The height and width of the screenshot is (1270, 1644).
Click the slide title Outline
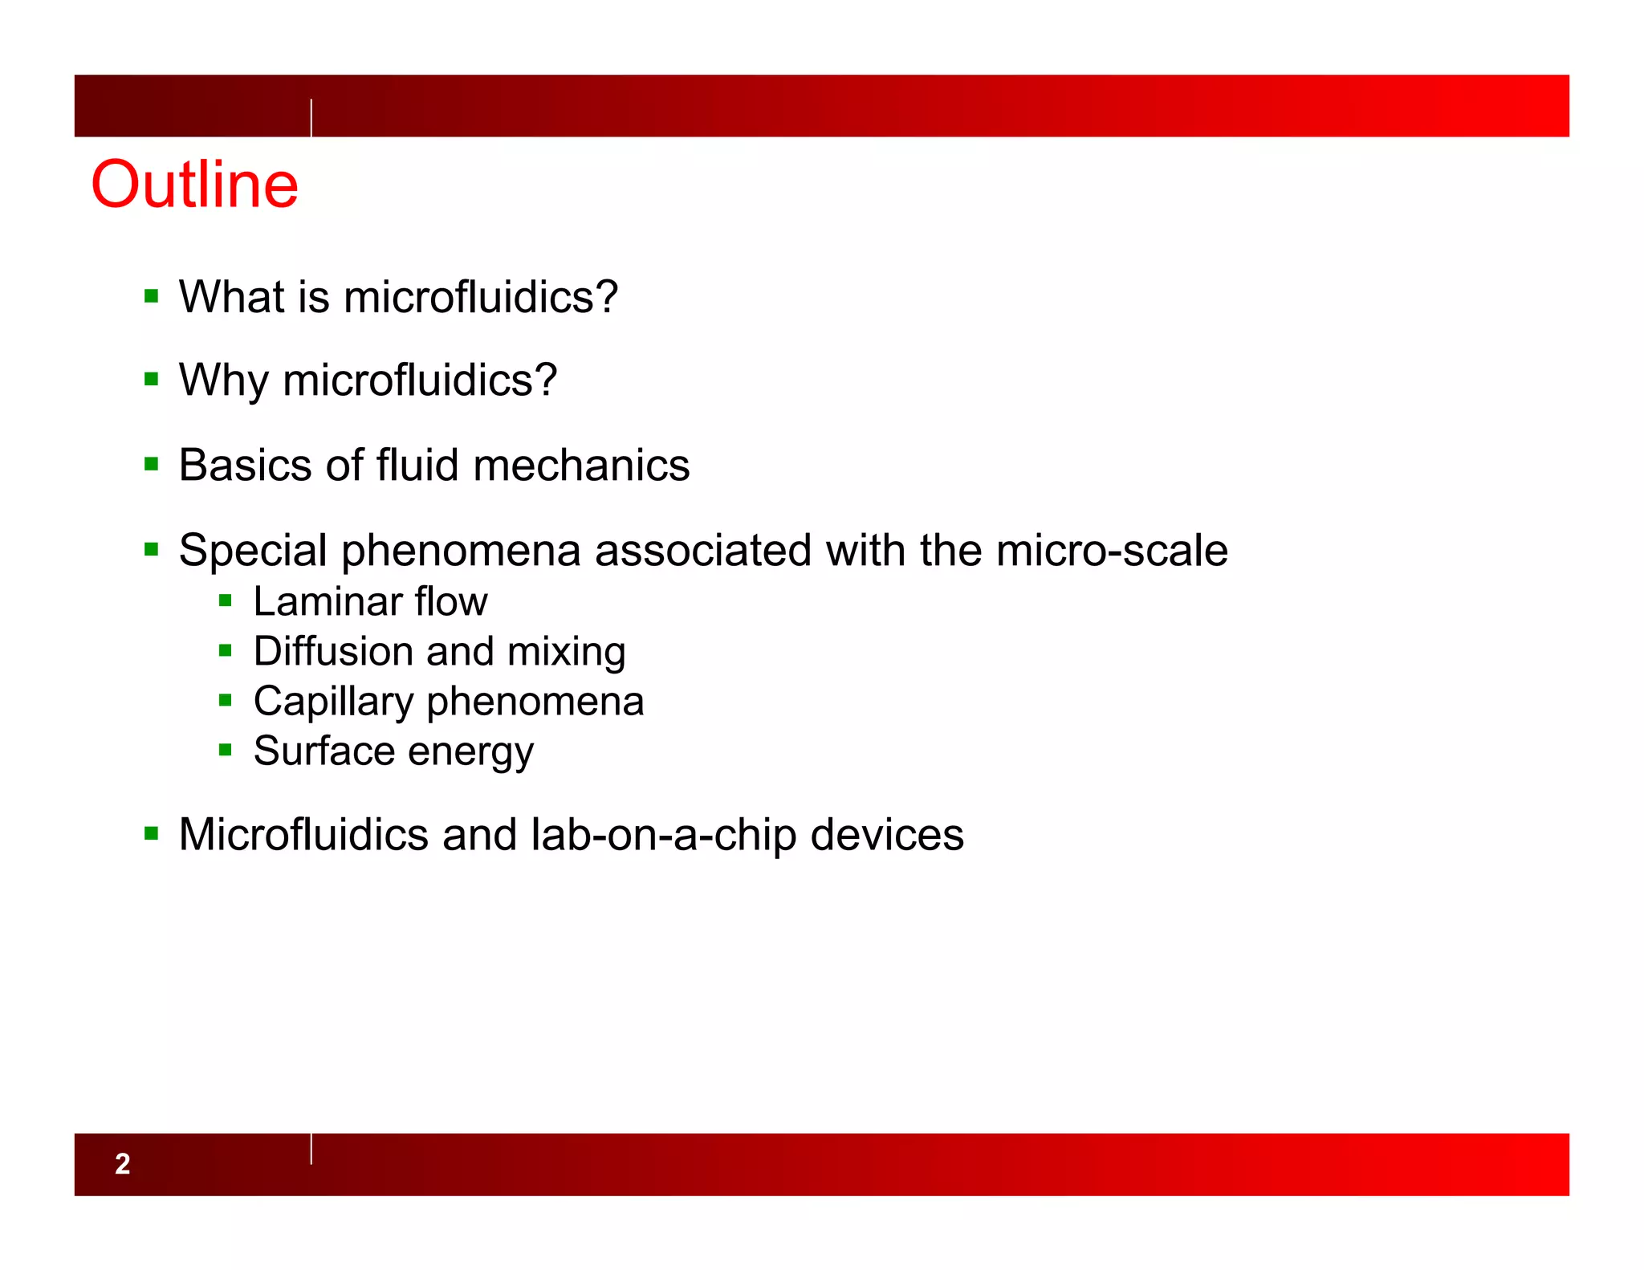pyautogui.click(x=195, y=185)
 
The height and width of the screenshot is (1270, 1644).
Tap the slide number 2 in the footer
pyautogui.click(x=122, y=1163)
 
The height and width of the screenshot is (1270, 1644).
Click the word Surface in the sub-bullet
pyautogui.click(x=324, y=751)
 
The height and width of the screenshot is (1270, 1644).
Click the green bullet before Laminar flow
pyautogui.click(x=226, y=600)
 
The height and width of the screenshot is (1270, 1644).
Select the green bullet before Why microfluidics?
pyautogui.click(x=152, y=379)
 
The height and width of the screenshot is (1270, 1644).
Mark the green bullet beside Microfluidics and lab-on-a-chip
pyautogui.click(x=152, y=833)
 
